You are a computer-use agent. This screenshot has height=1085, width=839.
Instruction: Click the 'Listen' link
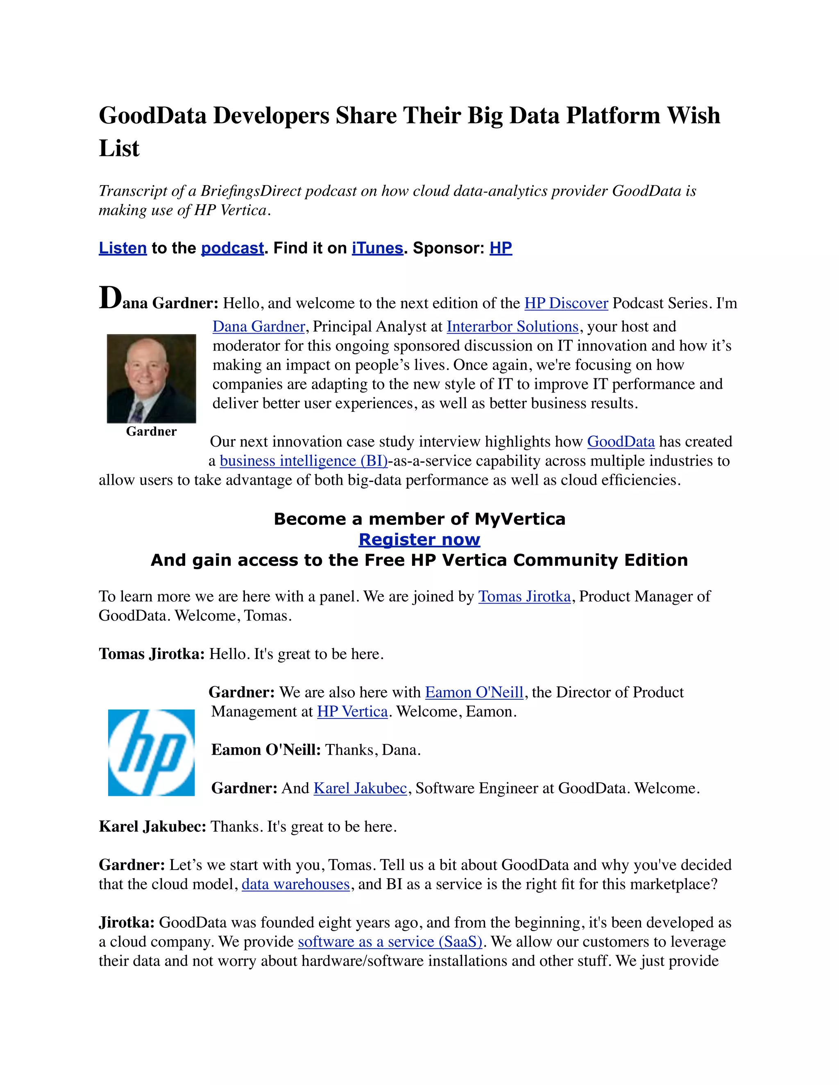coord(123,248)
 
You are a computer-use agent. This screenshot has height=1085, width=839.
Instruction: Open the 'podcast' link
coord(232,248)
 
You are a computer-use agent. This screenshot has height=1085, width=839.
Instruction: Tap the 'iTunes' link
coord(377,248)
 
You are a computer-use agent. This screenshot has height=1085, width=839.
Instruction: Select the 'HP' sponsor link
coord(501,248)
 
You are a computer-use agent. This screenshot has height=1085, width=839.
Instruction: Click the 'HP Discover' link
coord(566,303)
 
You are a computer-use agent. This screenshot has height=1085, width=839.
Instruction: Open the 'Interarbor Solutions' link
coord(512,326)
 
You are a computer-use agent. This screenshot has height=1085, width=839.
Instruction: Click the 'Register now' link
coord(419,540)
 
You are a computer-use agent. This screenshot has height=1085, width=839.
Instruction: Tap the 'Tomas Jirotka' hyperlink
coord(524,596)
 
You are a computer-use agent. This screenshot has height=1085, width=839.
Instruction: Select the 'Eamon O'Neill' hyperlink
coord(474,692)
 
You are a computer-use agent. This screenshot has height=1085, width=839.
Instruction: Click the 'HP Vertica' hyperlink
coord(352,712)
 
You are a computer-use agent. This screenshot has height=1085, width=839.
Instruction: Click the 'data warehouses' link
coord(296,884)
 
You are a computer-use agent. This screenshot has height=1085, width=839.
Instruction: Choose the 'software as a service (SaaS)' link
coord(390,942)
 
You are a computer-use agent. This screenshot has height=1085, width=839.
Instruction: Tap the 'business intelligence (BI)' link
coord(304,461)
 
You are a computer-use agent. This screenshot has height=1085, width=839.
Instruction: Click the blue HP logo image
coord(151,752)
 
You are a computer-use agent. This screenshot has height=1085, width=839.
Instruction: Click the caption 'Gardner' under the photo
coord(151,431)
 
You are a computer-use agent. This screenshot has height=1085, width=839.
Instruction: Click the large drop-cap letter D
coord(110,298)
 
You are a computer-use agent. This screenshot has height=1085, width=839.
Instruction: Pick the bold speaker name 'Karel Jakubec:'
coord(152,827)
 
